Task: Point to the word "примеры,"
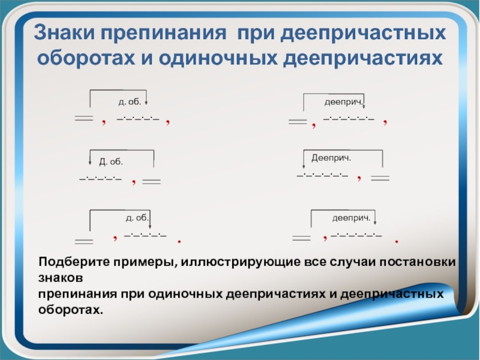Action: coord(141,265)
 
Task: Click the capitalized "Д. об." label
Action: coord(110,161)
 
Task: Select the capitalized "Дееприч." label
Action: coord(331,157)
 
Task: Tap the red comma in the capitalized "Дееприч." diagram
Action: coord(358,177)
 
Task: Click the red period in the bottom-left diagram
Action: coord(179,241)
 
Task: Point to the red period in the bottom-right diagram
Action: coord(397,241)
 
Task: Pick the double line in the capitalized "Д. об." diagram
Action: coord(152,181)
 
